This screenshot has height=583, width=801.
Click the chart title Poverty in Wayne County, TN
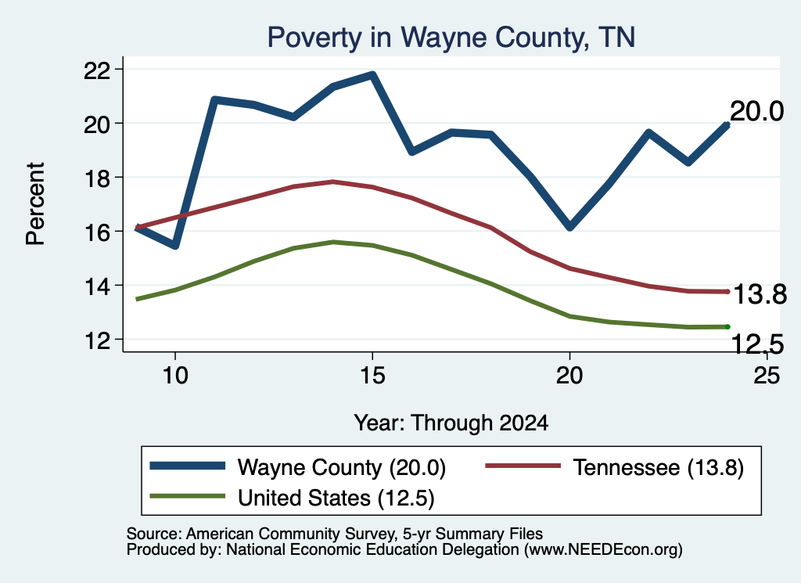451,38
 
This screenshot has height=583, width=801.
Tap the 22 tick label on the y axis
96,70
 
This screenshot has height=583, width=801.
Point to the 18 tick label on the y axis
96,178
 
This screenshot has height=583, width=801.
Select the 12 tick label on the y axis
96,340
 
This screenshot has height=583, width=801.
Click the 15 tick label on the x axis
372,376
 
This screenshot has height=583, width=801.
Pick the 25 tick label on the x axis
767,376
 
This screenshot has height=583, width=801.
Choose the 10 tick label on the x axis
175,376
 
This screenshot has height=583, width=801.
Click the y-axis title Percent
35,204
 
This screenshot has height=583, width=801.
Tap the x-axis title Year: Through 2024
451,423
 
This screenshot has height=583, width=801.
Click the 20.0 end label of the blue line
756,111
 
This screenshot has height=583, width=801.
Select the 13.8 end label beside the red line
760,294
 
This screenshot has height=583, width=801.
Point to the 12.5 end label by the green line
757,344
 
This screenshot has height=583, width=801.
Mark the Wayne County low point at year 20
569,227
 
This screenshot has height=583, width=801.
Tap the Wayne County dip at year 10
175,246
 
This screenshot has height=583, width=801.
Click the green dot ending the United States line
727,326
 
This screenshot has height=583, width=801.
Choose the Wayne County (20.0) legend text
342,467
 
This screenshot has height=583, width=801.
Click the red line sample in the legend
523,466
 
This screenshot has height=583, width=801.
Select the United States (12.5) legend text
336,498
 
